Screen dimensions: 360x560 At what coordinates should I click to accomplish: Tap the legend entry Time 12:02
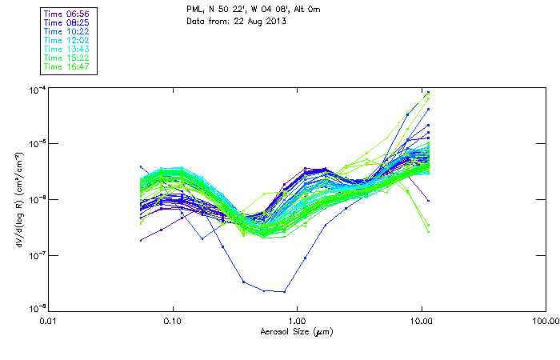pos(66,41)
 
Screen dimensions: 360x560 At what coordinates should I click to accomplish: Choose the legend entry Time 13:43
pos(66,50)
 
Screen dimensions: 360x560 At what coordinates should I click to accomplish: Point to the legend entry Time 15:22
pos(66,58)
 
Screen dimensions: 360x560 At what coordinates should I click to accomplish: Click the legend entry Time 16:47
pos(66,67)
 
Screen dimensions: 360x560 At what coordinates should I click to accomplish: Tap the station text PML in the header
pos(195,9)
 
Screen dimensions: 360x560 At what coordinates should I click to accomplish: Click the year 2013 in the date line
pos(275,20)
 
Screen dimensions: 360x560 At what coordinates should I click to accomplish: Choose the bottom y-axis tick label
pos(36,308)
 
